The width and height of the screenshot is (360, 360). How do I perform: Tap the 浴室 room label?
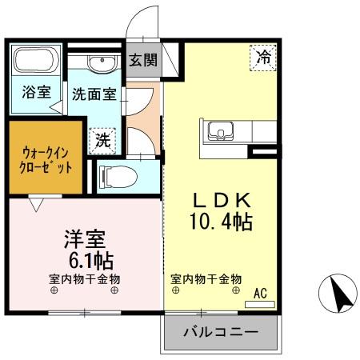(x=36, y=93)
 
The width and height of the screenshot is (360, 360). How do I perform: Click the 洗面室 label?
(x=94, y=94)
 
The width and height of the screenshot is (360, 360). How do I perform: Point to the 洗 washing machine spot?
(x=103, y=141)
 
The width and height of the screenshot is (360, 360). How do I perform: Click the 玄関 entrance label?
(x=145, y=58)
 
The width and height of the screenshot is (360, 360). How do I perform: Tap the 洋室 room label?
(x=84, y=239)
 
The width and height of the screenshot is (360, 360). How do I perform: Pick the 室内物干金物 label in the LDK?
(x=206, y=279)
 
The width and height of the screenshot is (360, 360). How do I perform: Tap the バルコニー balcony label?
(x=220, y=331)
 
